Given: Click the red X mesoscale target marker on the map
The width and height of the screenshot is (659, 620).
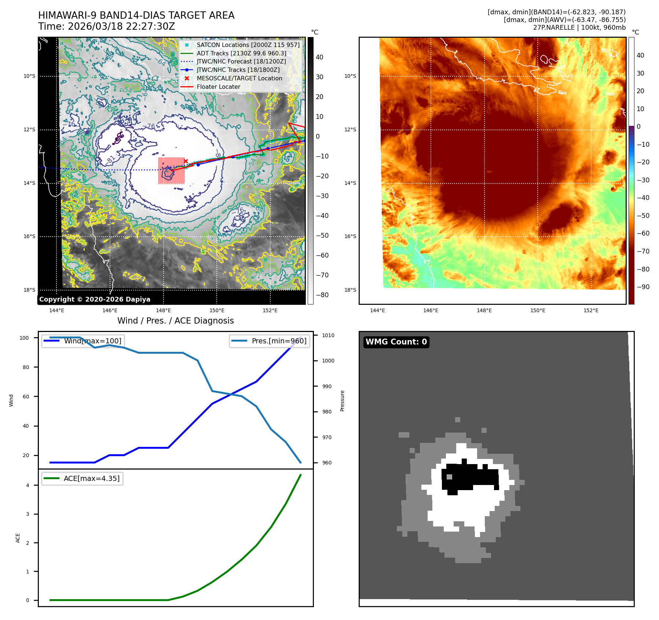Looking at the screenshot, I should [x=186, y=161].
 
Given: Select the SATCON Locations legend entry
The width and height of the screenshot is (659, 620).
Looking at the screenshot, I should [x=248, y=45].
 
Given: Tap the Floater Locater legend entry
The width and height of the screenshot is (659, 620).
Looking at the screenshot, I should [x=219, y=87].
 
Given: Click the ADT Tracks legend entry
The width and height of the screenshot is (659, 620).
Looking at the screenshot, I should [x=241, y=53].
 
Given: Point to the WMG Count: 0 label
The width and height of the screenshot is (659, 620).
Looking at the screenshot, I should [x=396, y=342].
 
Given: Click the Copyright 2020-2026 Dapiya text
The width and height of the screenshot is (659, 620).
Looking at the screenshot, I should [x=95, y=299].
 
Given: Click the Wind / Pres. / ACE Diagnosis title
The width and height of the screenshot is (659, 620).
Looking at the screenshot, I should [x=175, y=321].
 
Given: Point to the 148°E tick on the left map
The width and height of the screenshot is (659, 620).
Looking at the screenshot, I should [x=163, y=310].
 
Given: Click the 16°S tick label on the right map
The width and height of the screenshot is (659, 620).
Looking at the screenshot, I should [x=350, y=236].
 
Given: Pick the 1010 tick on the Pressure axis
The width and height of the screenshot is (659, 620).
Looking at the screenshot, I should [x=328, y=335].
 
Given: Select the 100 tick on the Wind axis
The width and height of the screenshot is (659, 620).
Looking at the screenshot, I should [x=24, y=338].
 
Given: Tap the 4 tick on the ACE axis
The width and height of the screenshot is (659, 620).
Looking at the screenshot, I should [x=28, y=485].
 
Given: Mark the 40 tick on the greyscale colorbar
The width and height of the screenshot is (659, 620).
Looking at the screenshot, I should [x=319, y=57].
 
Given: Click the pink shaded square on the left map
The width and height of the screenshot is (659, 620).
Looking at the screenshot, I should [x=171, y=171].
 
